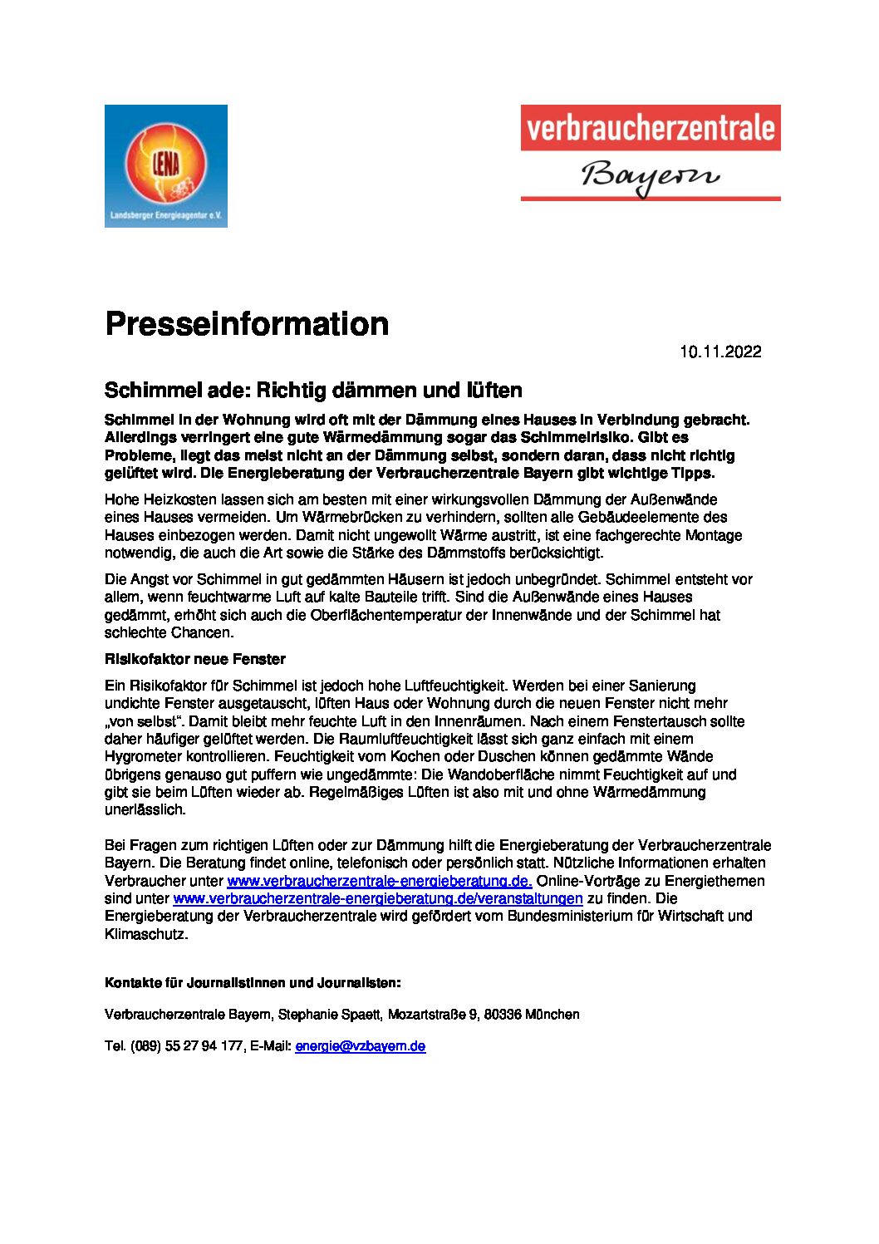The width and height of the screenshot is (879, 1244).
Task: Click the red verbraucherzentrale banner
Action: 650,128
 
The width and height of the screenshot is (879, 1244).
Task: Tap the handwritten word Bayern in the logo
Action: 650,176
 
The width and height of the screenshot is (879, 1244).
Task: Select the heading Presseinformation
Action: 247,323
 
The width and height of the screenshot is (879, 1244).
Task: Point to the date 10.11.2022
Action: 720,352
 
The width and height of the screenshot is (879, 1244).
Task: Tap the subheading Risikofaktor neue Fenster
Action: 194,659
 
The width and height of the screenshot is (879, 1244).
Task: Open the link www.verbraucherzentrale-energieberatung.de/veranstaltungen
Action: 377,898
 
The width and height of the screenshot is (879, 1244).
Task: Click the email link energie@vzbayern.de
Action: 360,1046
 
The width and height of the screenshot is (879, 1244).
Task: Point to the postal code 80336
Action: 501,1015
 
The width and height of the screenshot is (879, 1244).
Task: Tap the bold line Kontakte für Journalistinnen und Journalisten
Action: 253,983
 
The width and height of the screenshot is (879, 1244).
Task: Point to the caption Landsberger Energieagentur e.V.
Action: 165,216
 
